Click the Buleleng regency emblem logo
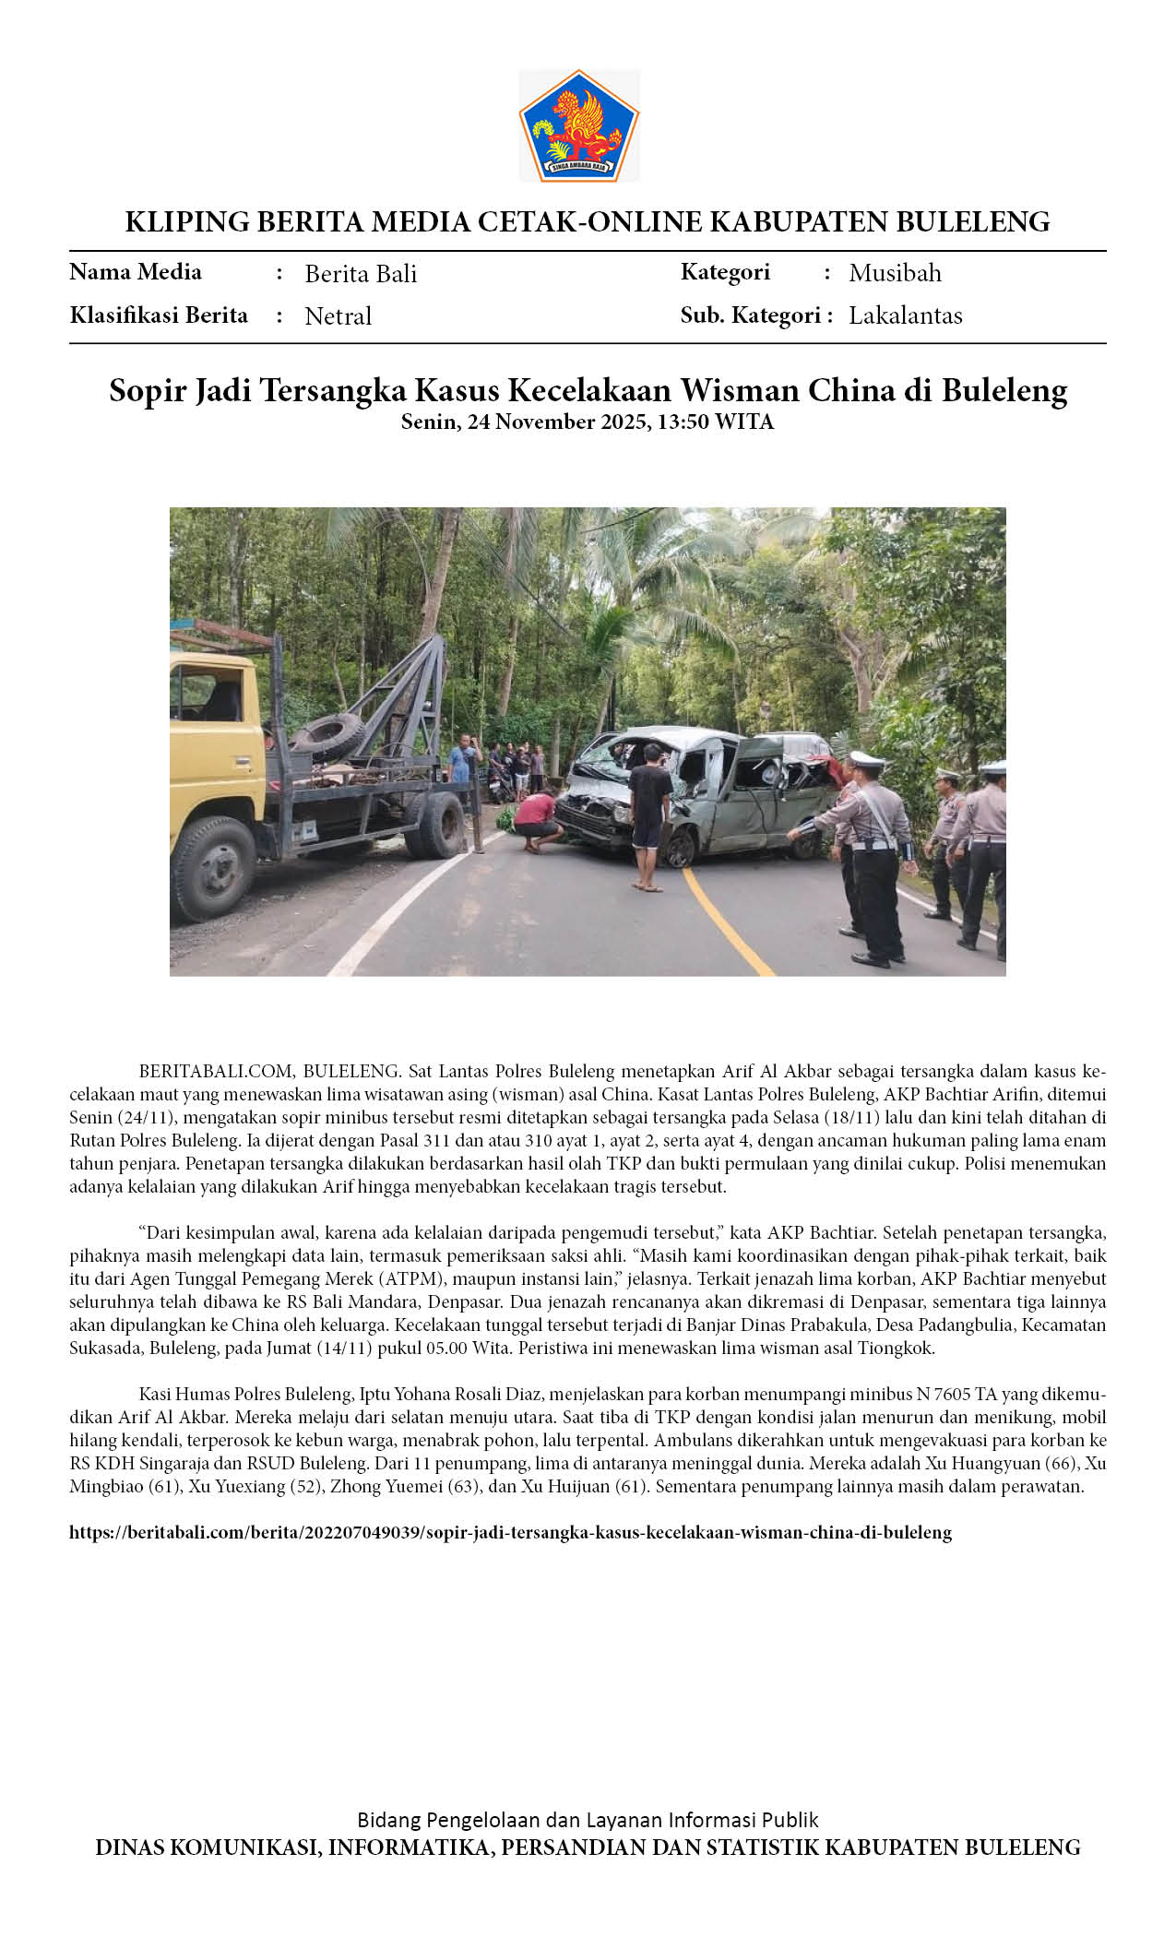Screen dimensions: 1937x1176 (578, 125)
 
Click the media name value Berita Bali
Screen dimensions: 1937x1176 (361, 274)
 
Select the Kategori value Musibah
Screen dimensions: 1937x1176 (895, 273)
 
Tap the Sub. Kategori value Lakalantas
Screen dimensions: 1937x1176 (905, 315)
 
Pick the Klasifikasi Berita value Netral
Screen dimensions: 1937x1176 (338, 316)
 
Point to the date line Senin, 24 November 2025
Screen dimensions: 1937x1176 (587, 422)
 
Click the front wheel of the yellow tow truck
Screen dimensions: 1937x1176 (213, 868)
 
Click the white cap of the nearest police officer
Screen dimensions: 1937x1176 (866, 761)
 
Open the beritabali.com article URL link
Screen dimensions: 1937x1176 (510, 1533)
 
